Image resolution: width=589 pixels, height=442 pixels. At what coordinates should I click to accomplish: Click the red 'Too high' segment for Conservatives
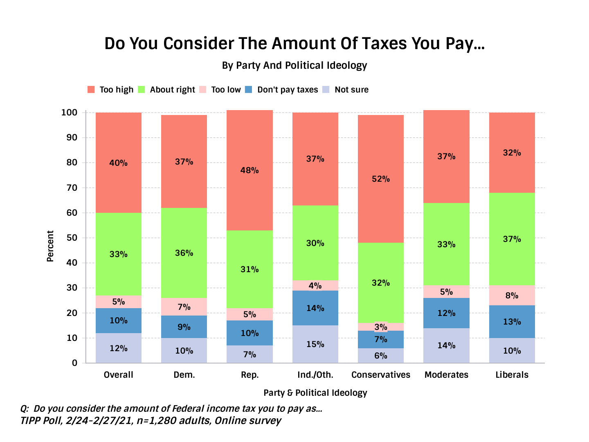(x=381, y=179)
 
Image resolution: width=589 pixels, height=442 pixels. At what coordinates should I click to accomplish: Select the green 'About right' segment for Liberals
(x=512, y=239)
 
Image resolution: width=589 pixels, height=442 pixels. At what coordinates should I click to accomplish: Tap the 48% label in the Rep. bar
(x=250, y=170)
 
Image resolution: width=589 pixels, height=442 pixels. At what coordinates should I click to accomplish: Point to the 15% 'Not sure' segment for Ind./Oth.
(x=315, y=344)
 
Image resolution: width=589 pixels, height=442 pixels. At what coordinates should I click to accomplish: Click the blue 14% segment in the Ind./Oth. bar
(x=315, y=308)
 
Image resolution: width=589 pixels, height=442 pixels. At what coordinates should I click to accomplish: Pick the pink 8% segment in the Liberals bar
(x=512, y=295)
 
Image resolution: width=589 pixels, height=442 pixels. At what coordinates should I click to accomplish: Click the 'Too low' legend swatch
(x=202, y=90)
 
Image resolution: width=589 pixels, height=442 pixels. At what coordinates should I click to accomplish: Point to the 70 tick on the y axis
(x=72, y=188)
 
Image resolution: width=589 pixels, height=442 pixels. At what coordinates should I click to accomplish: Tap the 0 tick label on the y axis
(x=74, y=363)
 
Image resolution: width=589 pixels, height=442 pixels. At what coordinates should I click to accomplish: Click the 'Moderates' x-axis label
(x=446, y=375)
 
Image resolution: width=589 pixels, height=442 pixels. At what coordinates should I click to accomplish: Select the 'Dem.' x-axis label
(x=184, y=375)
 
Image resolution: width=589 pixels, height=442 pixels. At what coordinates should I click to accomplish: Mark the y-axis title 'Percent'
(x=50, y=246)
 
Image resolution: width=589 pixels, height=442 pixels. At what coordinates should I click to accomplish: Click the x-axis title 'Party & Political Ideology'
(x=315, y=393)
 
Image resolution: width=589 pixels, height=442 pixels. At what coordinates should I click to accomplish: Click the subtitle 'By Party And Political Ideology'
(x=294, y=65)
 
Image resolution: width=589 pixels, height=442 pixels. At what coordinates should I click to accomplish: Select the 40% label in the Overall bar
(x=119, y=163)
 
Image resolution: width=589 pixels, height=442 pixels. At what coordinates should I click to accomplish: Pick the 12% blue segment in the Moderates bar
(x=446, y=313)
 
